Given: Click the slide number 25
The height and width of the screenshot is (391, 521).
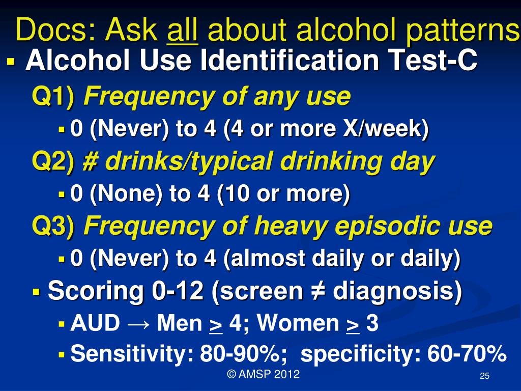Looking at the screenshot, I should coord(484,376).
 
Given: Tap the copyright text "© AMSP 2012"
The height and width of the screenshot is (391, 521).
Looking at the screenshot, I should coord(263,375).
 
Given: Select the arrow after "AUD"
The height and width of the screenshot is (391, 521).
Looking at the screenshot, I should coord(139,323).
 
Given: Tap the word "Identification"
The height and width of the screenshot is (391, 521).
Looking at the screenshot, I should coord(290,62).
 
